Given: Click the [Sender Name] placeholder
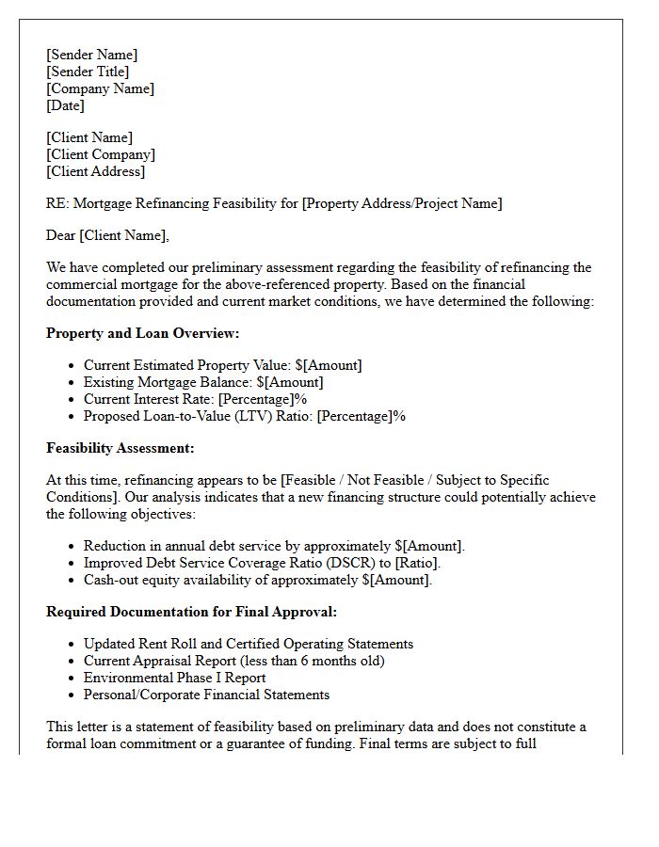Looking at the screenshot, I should pos(91,55).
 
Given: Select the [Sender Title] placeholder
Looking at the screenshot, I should pos(88,72).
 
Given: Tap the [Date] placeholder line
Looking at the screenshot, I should pos(65,105).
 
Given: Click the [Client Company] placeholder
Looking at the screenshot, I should pos(101,154).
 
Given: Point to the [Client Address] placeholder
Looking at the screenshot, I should pos(96,171).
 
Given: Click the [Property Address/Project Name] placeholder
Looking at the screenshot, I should pos(402,203).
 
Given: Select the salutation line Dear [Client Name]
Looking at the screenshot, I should pos(107,235).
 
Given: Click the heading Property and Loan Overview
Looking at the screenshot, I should pos(143,333).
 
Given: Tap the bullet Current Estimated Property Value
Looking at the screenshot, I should pos(222,365).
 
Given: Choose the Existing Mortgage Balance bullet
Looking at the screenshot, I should pos(203,382).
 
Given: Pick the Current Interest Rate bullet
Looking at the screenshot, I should pos(196,399).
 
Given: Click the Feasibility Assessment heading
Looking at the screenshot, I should pos(121,448).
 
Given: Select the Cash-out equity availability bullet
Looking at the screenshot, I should pos(258,580).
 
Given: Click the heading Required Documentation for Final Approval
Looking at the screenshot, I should pos(191,612).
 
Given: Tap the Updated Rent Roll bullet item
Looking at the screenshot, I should pos(249,644).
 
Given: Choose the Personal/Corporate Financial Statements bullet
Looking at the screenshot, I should pos(206,695).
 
